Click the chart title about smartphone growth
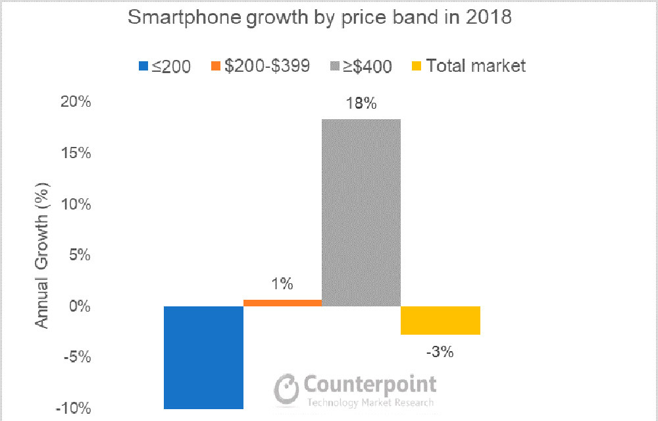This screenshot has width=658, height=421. pyautogui.click(x=319, y=18)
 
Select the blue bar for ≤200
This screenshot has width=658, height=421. pyautogui.click(x=203, y=357)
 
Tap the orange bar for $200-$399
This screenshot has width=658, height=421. pyautogui.click(x=283, y=303)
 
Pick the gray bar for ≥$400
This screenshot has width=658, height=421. pyautogui.click(x=361, y=212)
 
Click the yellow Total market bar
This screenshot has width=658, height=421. pyautogui.click(x=440, y=320)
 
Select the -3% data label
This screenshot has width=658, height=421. pyautogui.click(x=440, y=352)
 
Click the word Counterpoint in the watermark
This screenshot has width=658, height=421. pyautogui.click(x=370, y=384)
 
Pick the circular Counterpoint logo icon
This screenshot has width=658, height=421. pyautogui.click(x=288, y=390)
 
